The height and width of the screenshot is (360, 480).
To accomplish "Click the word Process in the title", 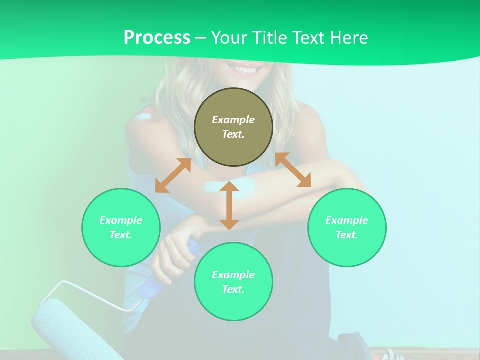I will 157,38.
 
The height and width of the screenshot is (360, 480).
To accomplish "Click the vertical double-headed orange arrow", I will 229,205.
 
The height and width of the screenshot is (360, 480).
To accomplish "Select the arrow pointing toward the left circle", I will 173,175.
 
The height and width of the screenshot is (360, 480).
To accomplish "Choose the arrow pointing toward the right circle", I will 293,170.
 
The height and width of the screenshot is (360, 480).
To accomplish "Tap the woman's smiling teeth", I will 244,69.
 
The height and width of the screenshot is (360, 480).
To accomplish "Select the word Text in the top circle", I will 233,134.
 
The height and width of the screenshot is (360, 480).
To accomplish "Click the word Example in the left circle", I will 121,220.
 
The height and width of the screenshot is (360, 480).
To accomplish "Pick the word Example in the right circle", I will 347,220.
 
